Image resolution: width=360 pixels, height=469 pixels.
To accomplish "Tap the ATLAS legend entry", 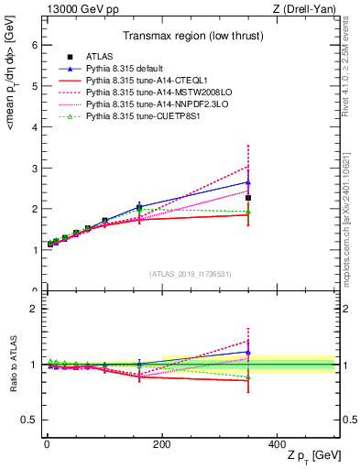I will (100, 57).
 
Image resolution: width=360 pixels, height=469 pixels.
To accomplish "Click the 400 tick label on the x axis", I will (277, 442).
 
